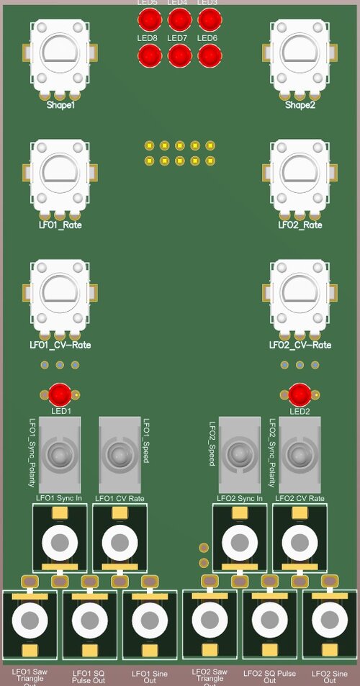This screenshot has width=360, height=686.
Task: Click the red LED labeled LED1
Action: [60, 394]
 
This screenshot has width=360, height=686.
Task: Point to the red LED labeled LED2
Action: [300, 394]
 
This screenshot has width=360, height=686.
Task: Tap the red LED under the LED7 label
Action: [179, 55]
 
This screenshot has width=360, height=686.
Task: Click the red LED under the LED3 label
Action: [209, 19]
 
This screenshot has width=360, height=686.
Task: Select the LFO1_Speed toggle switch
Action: [118, 454]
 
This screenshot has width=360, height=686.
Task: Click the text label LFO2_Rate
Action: [300, 225]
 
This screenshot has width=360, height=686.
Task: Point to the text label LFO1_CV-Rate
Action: [60, 346]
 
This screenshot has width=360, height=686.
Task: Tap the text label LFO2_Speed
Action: [212, 444]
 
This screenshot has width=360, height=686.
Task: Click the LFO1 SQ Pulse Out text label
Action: [89, 677]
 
